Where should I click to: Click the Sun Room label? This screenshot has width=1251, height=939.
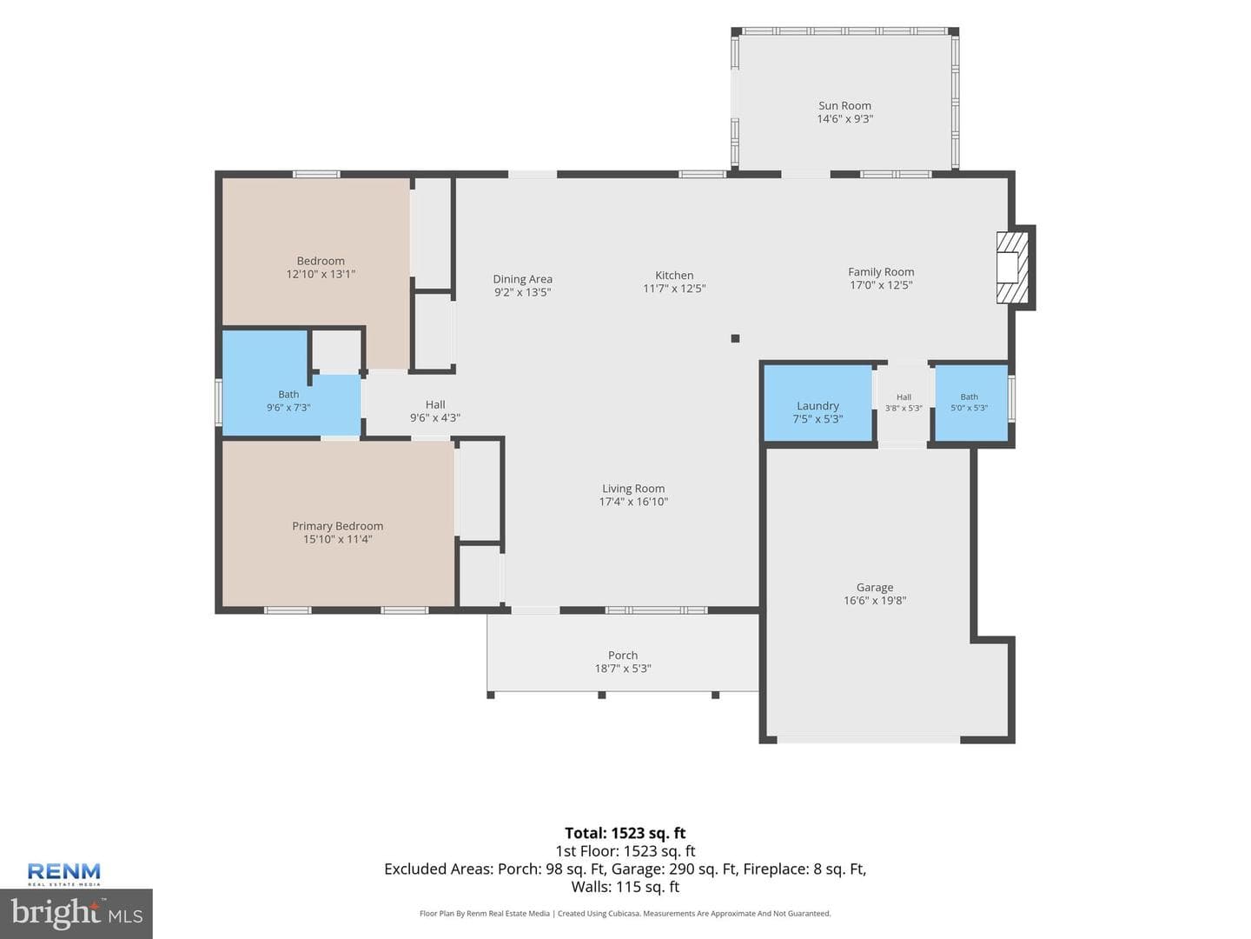[x=844, y=105]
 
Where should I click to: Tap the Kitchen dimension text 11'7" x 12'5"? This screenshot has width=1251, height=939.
[x=673, y=289]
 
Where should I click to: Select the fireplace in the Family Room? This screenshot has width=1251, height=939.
[x=1014, y=268]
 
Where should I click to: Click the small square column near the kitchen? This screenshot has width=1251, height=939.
[x=735, y=338]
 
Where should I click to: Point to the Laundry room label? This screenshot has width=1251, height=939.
[x=817, y=406]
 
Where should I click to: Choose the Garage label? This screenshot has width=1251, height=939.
[x=874, y=587]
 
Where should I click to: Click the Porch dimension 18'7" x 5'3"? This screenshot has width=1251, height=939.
[x=622, y=669]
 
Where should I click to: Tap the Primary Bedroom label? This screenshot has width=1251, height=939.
[x=337, y=526]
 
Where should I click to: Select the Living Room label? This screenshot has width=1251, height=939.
[x=633, y=489]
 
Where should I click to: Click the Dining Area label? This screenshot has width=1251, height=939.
[x=522, y=279]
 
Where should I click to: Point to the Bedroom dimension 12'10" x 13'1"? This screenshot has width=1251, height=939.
[x=321, y=274]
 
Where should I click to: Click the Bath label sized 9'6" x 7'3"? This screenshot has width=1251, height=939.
[x=288, y=394]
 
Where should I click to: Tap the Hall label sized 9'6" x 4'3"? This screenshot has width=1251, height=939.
[x=435, y=405]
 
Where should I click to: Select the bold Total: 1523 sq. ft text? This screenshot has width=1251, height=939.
[x=625, y=833]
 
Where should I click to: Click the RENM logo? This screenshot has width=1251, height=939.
[x=63, y=874]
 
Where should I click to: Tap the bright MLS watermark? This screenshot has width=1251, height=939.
[x=76, y=914]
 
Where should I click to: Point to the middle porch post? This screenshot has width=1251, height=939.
[x=601, y=695]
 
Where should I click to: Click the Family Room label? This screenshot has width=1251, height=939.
[x=881, y=272]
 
